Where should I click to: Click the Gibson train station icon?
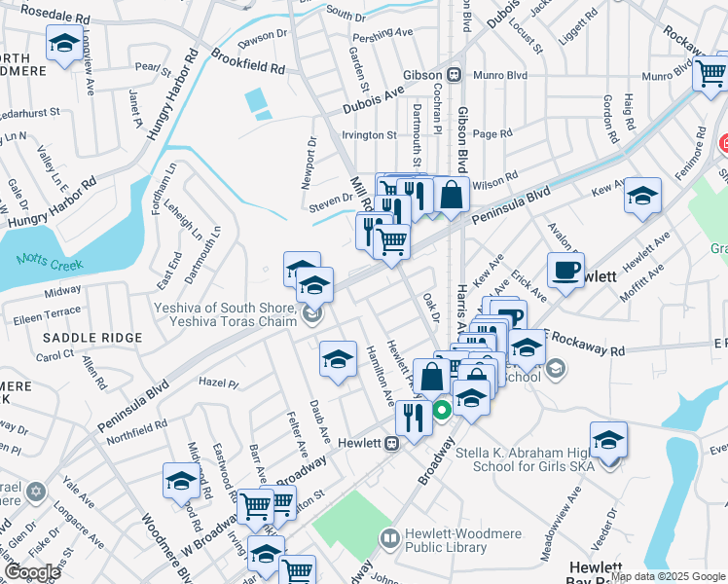[x=454, y=75]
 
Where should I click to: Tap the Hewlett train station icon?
[x=391, y=444]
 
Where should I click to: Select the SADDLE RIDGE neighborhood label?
[x=92, y=337]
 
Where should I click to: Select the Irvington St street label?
[x=368, y=135]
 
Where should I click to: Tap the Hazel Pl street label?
[x=218, y=382]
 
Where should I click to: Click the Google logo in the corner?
[x=32, y=572]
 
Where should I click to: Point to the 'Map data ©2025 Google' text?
[x=668, y=576]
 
